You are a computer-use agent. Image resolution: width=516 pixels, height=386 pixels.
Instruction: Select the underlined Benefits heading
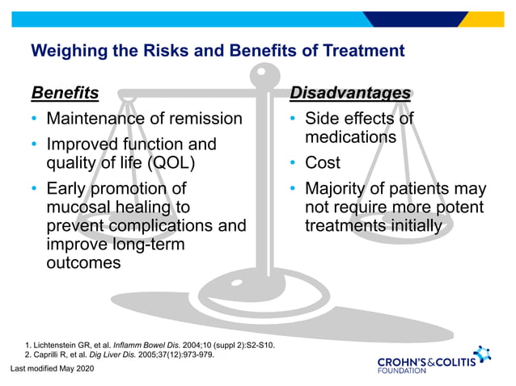65,93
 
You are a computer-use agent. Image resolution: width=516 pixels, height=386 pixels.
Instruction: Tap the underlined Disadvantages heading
350,93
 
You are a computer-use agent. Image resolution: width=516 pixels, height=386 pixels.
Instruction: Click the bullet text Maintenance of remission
144,120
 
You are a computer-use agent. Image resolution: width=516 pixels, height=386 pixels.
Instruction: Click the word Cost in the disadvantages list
322,163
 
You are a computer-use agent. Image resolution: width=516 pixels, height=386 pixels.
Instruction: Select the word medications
349,137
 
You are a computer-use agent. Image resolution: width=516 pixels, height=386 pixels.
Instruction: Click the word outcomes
83,263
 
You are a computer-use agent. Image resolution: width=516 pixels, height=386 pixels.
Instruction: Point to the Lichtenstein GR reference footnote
150,346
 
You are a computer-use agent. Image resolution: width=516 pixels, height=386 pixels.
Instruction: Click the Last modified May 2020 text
53,369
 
